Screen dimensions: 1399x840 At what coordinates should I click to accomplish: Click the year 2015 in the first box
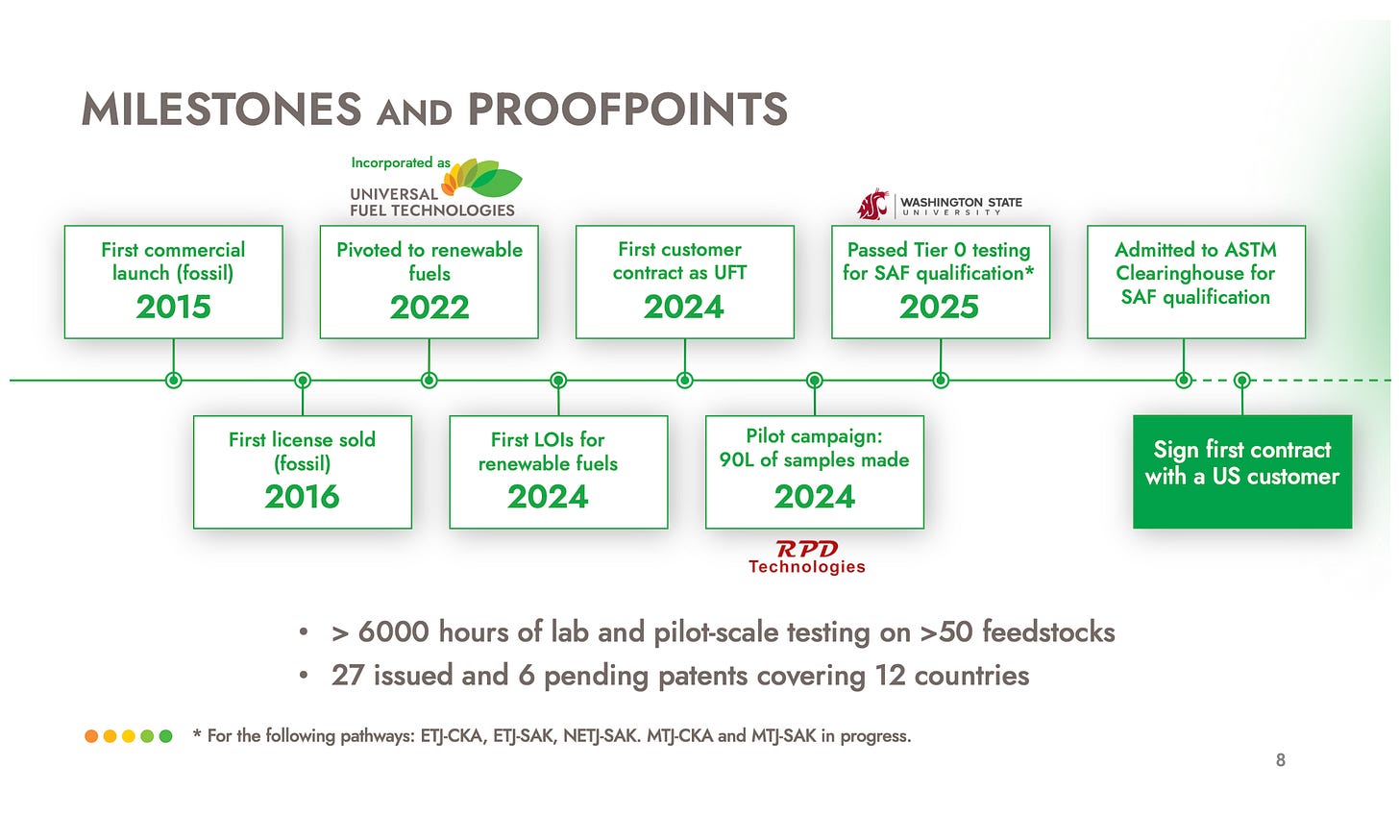point(173,307)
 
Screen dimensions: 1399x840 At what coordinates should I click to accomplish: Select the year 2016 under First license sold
point(302,497)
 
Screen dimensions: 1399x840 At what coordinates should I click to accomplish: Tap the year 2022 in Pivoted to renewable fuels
point(429,308)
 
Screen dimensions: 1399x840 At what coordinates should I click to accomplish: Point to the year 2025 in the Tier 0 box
point(939,308)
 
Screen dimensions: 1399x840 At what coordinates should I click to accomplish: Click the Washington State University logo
point(940,205)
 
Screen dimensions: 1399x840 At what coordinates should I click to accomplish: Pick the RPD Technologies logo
point(807,556)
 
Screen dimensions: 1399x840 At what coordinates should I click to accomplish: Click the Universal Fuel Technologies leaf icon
point(486,178)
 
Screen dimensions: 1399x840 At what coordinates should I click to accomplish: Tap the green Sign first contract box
point(1241,471)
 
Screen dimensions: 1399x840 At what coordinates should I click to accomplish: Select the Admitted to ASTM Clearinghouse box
point(1195,282)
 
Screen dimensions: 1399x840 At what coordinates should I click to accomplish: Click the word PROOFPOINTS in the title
point(627,110)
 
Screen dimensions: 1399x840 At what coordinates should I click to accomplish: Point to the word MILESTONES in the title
point(221,110)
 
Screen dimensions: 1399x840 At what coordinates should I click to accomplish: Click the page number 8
point(1280,760)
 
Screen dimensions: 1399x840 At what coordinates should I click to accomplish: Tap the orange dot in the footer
point(91,736)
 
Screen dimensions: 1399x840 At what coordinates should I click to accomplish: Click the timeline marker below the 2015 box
point(173,381)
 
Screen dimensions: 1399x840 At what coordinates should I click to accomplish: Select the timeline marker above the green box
point(1241,381)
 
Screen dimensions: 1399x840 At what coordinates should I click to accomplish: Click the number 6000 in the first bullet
point(393,632)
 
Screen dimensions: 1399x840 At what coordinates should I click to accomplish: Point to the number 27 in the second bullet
point(347,676)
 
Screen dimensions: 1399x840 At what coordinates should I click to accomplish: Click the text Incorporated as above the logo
point(400,162)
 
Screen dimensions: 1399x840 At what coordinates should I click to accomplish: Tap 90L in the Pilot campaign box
point(736,459)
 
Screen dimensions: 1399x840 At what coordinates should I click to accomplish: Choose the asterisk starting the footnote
point(197,734)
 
